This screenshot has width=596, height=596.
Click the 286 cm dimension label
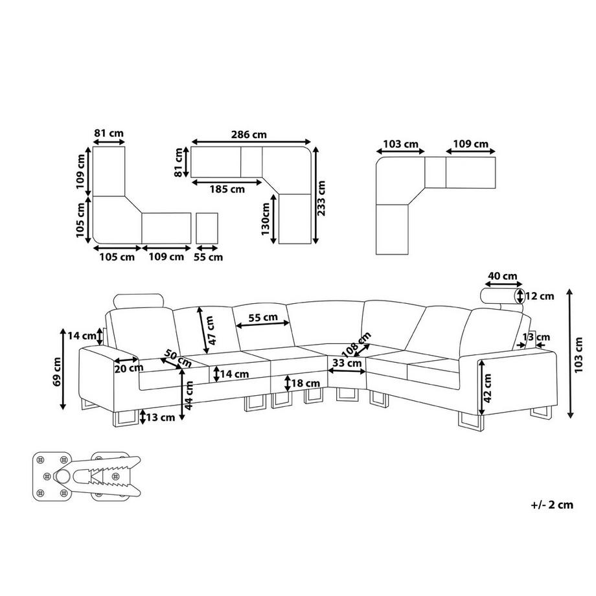click(x=249, y=135)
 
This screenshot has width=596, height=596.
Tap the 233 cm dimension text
click(x=321, y=198)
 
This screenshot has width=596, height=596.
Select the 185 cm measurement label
click(x=227, y=189)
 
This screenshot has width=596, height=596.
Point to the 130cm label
click(x=266, y=219)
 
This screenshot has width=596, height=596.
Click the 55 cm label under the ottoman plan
click(x=209, y=257)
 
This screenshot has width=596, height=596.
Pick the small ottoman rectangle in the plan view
click(x=207, y=229)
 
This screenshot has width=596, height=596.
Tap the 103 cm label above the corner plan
click(x=400, y=144)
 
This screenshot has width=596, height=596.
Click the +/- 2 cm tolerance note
click(x=552, y=505)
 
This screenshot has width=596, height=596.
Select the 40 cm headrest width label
click(x=503, y=276)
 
